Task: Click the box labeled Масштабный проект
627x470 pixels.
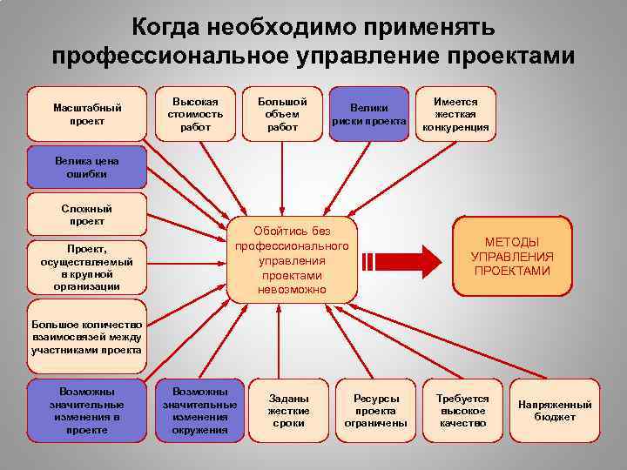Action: (87, 114)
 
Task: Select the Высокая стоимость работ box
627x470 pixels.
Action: (196, 114)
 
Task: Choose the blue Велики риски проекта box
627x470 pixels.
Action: (370, 114)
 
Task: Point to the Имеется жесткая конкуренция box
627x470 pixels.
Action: (455, 114)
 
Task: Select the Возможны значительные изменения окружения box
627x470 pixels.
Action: (199, 411)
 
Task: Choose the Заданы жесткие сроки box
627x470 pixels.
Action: (288, 411)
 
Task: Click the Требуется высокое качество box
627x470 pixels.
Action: (462, 411)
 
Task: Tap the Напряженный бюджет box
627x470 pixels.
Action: (555, 411)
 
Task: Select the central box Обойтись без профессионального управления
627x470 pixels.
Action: (292, 258)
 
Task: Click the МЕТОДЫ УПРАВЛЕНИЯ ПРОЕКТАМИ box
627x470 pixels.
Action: (512, 256)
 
